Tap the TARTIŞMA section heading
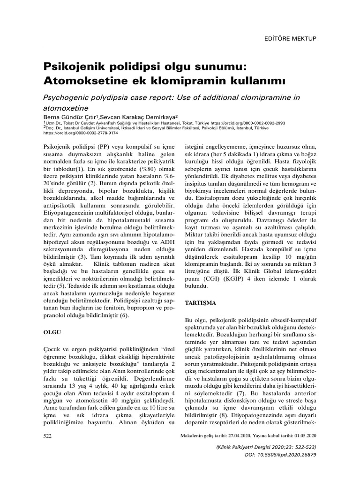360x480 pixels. tap(200, 303)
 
